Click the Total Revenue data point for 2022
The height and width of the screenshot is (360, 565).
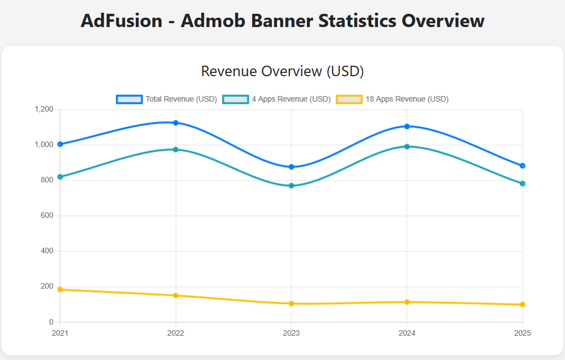(x=175, y=123)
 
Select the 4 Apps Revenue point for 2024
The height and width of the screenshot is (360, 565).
(x=407, y=146)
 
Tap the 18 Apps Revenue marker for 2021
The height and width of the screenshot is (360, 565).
(x=60, y=289)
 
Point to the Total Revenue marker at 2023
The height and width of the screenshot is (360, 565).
(x=291, y=167)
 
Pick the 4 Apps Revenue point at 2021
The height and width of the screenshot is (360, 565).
(x=60, y=177)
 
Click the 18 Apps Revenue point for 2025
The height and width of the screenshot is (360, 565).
(x=523, y=304)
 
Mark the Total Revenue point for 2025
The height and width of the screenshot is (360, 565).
(x=523, y=166)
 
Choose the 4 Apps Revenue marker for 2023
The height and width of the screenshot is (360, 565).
(x=291, y=186)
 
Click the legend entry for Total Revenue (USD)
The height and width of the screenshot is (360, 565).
(x=166, y=99)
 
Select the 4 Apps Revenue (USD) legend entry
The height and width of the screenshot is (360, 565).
(x=276, y=99)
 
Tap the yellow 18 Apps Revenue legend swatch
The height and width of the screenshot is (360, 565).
(x=349, y=99)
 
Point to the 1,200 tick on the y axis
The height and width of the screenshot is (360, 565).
(x=44, y=109)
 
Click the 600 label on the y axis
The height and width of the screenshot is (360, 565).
(x=47, y=215)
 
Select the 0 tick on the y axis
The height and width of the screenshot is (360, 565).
(x=51, y=322)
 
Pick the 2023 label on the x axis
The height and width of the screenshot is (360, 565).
(x=291, y=333)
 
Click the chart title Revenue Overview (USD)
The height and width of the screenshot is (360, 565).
(x=282, y=71)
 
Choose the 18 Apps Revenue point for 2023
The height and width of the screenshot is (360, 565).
(x=291, y=304)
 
